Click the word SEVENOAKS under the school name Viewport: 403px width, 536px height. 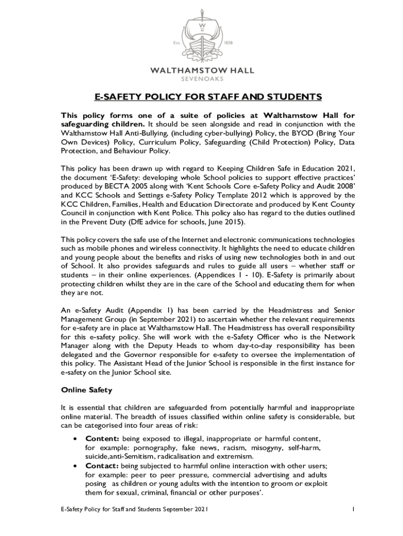click(201, 79)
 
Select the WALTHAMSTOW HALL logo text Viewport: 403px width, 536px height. click(201, 70)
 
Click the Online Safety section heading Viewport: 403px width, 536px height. click(87, 390)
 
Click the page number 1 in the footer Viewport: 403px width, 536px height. click(354, 509)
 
